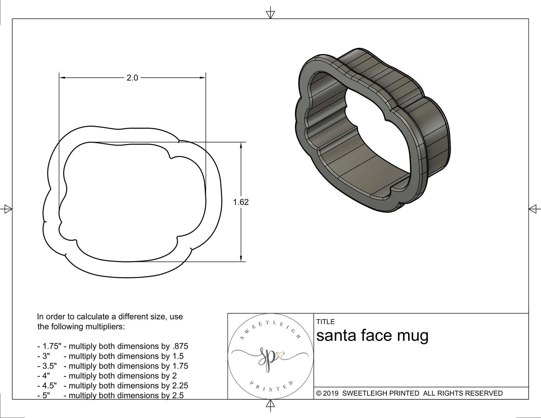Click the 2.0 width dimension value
pyautogui.click(x=132, y=78)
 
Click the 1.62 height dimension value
pyautogui.click(x=241, y=202)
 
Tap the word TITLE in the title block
pyautogui.click(x=325, y=322)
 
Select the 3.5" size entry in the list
pyautogui.click(x=47, y=366)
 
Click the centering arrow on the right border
pyautogui.click(x=533, y=209)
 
